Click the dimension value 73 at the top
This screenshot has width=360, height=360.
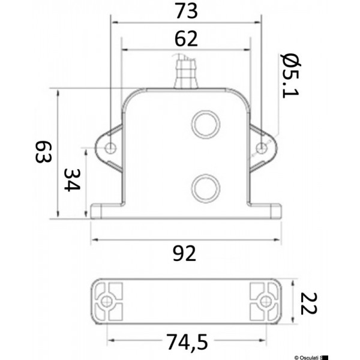pyautogui.click(x=185, y=11)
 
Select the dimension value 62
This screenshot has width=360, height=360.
pyautogui.click(x=186, y=39)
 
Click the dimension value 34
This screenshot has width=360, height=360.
pyautogui.click(x=71, y=179)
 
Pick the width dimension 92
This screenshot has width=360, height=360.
pyautogui.click(x=184, y=254)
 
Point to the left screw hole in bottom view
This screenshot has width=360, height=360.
pyautogui.click(x=108, y=301)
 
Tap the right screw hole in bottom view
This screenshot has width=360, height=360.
pyautogui.click(x=263, y=301)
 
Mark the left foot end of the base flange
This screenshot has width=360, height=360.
pyautogui.click(x=96, y=212)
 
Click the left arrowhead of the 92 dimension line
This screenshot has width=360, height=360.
pyautogui.click(x=94, y=241)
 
